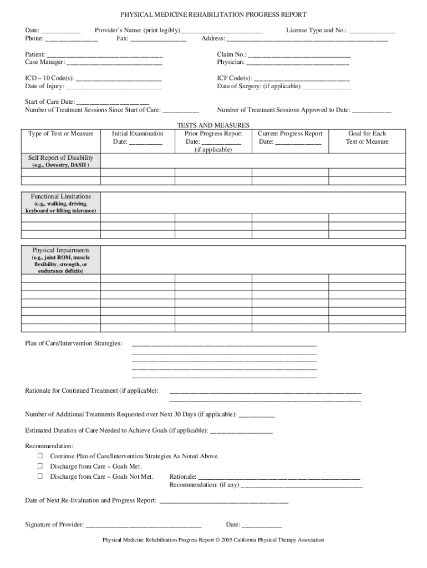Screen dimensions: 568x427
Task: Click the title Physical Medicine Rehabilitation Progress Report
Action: tap(213, 14)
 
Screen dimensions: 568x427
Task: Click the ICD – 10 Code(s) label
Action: tap(49, 79)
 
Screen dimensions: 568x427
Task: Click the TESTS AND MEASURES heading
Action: tap(213, 125)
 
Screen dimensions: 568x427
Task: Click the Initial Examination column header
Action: tap(138, 134)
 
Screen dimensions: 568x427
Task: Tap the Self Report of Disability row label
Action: tap(61, 158)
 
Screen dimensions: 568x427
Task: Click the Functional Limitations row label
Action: tap(61, 196)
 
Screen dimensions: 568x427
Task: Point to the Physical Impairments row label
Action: tap(61, 250)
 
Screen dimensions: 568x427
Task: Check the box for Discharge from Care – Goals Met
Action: tap(40, 466)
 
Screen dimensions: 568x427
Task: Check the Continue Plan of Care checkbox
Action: tap(40, 456)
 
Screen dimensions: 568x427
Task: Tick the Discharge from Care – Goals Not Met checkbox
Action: tap(40, 476)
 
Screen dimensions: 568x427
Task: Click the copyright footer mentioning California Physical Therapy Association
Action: tap(213, 540)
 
